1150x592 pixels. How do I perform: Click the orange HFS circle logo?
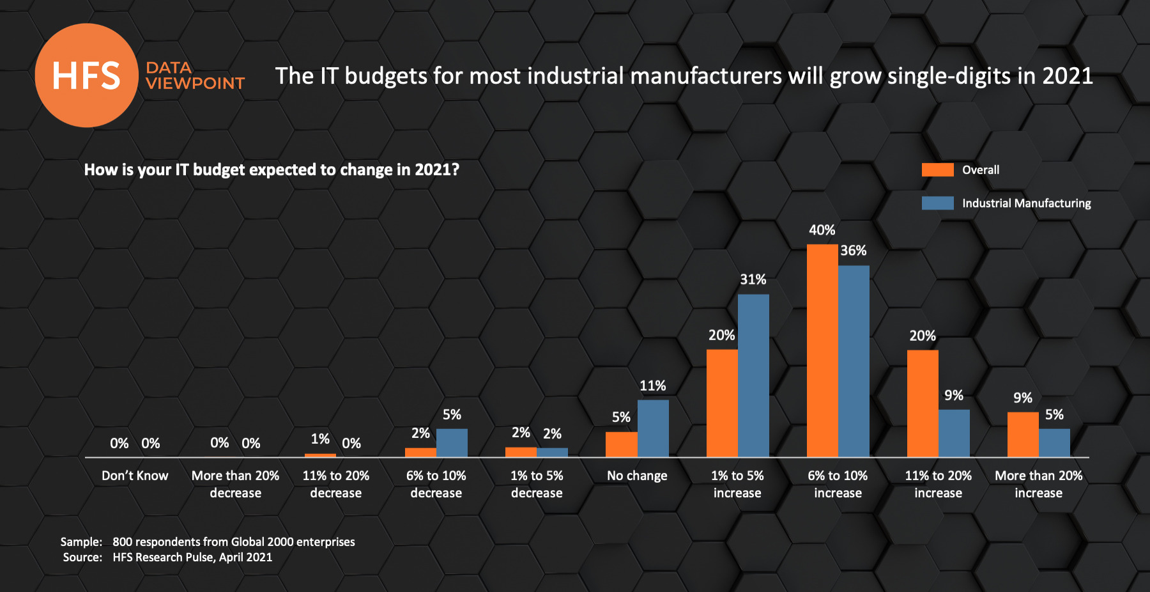(86, 75)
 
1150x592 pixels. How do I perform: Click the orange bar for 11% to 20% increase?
(923, 403)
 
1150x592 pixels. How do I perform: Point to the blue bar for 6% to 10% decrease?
(452, 442)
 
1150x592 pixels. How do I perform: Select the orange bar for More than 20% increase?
(1023, 435)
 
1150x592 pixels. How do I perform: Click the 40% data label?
(822, 230)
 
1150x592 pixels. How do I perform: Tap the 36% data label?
(854, 251)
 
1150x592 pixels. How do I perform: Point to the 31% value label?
(753, 279)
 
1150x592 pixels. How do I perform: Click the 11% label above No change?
(653, 386)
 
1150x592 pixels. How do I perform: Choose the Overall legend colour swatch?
(937, 170)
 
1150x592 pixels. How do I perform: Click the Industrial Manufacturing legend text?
(1026, 203)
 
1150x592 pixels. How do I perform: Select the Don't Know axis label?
(135, 476)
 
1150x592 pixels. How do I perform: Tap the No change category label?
(637, 476)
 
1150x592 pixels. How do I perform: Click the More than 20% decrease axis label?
(235, 484)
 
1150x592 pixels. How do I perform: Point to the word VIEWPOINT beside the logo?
(195, 83)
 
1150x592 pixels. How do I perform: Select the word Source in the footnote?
(81, 557)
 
